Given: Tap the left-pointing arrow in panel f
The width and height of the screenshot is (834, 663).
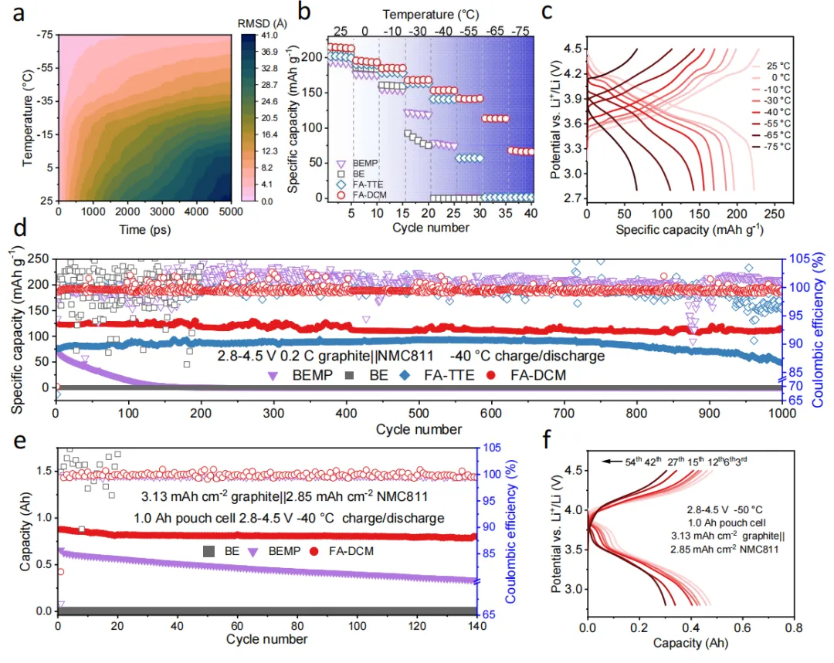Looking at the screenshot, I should coord(611,461).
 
